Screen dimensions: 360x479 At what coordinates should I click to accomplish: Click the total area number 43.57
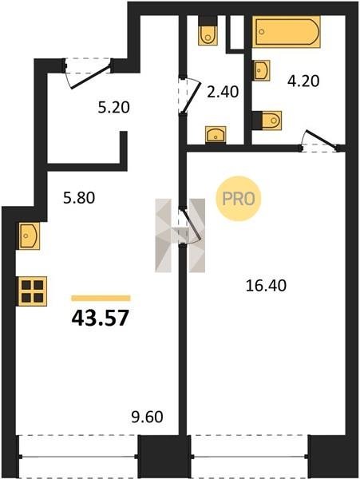click(101, 318)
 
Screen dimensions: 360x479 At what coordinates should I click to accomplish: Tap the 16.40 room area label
click(266, 286)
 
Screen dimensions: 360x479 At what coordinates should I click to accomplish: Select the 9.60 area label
click(147, 417)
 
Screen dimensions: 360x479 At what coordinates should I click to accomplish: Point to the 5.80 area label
click(79, 198)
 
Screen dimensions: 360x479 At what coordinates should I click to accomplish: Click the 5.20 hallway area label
click(113, 108)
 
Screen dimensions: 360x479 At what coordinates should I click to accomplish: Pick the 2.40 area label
click(223, 92)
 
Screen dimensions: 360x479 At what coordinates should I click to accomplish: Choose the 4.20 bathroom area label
click(303, 81)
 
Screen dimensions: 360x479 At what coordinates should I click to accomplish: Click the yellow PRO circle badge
click(239, 199)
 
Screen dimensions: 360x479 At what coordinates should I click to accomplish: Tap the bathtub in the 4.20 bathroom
click(287, 32)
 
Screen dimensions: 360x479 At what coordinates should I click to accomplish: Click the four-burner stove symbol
click(33, 291)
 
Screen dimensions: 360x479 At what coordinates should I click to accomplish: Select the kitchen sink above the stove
click(29, 236)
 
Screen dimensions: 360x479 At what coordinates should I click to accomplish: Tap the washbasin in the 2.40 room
click(216, 134)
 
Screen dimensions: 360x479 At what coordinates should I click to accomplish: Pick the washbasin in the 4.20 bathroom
click(262, 70)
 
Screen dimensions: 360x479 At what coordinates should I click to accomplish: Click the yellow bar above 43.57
click(101, 298)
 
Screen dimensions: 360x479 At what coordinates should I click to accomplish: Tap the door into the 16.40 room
click(190, 225)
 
